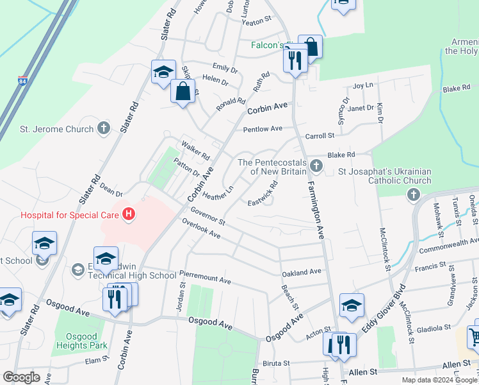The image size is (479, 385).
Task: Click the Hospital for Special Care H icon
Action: [129, 214]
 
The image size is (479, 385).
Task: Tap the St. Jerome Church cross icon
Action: [104, 128]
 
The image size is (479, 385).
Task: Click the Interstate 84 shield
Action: [23, 81]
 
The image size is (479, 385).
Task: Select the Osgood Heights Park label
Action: [80, 340]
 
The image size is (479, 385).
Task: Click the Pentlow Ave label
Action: [263, 129]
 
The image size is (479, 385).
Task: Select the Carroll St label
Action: [320, 135]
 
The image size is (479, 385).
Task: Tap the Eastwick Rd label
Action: [263, 194]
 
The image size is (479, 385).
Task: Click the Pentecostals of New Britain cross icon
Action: [315, 166]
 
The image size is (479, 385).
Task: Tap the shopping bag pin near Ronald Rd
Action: [183, 91]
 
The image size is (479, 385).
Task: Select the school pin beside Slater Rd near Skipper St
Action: [163, 71]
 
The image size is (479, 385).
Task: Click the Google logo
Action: [21, 377]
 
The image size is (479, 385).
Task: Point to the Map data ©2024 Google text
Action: [440, 380]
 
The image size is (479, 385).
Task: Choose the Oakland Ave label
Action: [302, 272]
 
